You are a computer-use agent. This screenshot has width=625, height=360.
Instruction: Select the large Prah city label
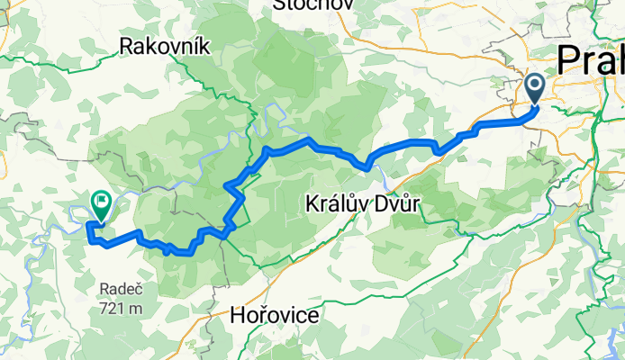(x=590, y=60)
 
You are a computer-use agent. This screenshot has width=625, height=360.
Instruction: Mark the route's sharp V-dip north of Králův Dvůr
(x=367, y=166)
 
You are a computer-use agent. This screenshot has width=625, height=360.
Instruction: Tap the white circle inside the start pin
(x=534, y=86)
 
